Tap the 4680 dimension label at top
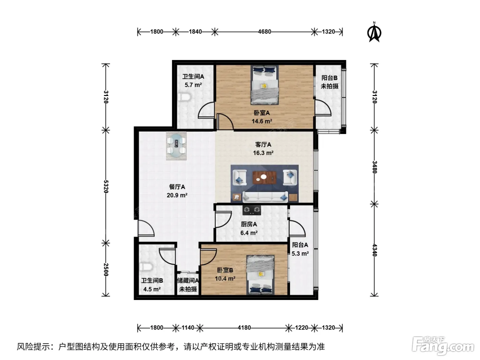pyautogui.click(x=264, y=32)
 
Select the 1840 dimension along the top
pyautogui.click(x=195, y=32)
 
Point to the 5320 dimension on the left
pyautogui.click(x=106, y=187)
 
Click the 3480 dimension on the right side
pyautogui.click(x=374, y=167)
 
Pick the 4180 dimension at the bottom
pyautogui.click(x=244, y=328)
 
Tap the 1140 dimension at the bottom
pyautogui.click(x=188, y=328)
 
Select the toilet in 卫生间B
pyautogui.click(x=146, y=267)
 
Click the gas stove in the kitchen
pyautogui.click(x=252, y=210)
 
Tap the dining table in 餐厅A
pyautogui.click(x=176, y=146)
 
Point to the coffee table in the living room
pyautogui.click(x=264, y=178)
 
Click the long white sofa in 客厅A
pyautogui.click(x=265, y=197)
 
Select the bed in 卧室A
pyautogui.click(x=265, y=85)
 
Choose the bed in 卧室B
pyautogui.click(x=261, y=275)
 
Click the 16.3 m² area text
pyautogui.click(x=263, y=153)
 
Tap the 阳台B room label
pyautogui.click(x=329, y=78)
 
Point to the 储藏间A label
pyautogui.click(x=188, y=280)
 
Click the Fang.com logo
pyautogui.click(x=443, y=346)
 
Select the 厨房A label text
pyautogui.click(x=249, y=224)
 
